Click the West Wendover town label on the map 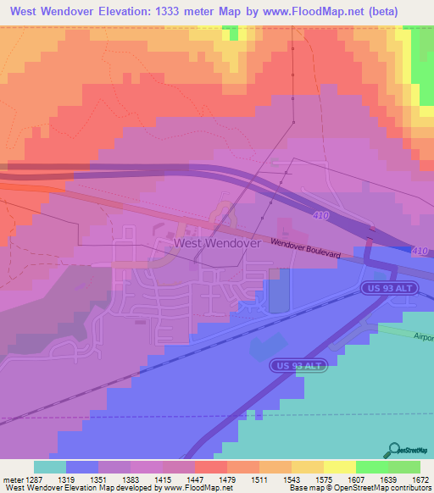coord(217,242)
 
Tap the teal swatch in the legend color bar coord(50,467)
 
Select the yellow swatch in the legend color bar coord(339,467)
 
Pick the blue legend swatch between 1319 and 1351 coord(82,467)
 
